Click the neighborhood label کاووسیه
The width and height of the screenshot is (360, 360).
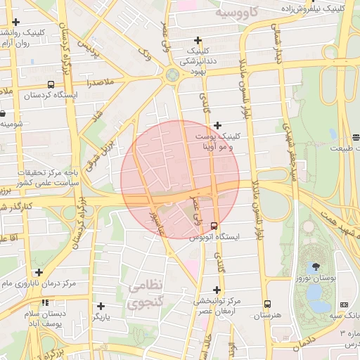point(238,13)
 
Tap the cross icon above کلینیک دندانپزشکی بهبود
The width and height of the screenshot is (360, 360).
point(198,40)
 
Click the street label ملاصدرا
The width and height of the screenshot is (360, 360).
point(100,83)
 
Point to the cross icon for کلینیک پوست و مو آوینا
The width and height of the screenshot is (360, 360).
point(217,125)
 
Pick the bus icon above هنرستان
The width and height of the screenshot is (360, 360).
point(267,304)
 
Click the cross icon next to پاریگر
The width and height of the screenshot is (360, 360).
point(101,306)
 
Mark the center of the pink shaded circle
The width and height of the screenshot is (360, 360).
point(180,180)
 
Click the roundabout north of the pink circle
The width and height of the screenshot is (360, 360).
point(172,74)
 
